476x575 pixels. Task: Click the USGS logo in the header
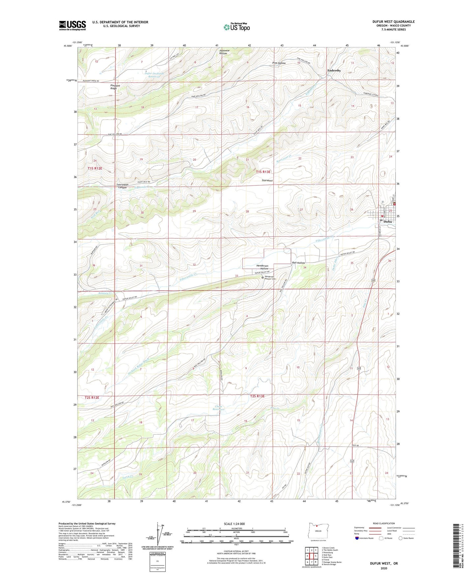(72, 25)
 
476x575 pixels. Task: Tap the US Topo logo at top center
(237, 27)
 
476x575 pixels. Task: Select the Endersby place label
(334, 70)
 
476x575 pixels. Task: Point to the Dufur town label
(388, 222)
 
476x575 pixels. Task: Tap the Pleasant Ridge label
(115, 87)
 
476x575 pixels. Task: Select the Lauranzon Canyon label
(122, 186)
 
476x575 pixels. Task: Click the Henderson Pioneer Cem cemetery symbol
(263, 278)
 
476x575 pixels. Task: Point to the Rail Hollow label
(298, 263)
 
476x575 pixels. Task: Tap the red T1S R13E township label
(263, 172)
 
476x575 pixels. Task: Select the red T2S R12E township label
(92, 397)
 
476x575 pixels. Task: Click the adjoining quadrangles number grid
(311, 556)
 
